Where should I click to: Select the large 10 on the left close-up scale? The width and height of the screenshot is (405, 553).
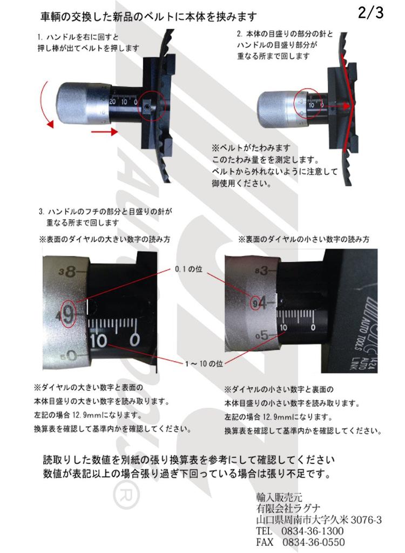point(100,341)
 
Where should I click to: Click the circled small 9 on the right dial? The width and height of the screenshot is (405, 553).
point(255,304)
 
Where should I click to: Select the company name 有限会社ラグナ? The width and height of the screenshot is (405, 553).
point(288,509)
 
